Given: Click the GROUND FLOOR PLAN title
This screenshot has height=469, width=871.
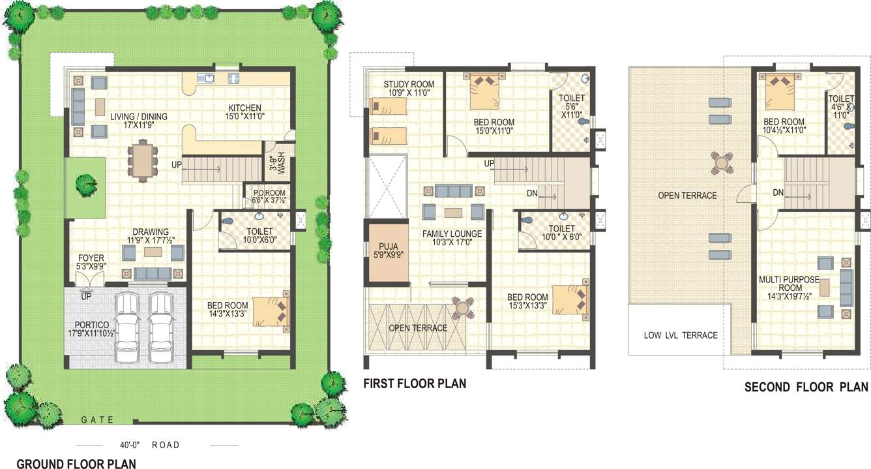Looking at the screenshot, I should [x=76, y=464].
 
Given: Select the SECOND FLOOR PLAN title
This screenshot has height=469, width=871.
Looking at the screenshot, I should [x=806, y=387].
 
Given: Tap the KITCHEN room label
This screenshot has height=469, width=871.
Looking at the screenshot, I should [x=244, y=108].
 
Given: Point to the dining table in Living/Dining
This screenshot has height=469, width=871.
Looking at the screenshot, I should [x=141, y=159].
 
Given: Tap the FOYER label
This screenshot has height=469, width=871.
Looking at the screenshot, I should [x=91, y=257].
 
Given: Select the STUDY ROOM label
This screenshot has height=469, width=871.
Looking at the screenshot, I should [x=408, y=84].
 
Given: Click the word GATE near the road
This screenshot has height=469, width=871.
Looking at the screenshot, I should [x=98, y=419].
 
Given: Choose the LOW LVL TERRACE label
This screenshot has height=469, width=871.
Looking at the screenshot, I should [x=680, y=335].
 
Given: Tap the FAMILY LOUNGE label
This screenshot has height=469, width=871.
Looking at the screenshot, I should [x=452, y=234].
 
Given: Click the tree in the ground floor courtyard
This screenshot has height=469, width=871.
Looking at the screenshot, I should [x=85, y=185].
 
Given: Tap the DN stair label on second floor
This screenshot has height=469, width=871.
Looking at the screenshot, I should [x=778, y=193].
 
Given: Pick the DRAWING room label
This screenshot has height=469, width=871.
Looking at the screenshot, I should [x=151, y=232].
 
